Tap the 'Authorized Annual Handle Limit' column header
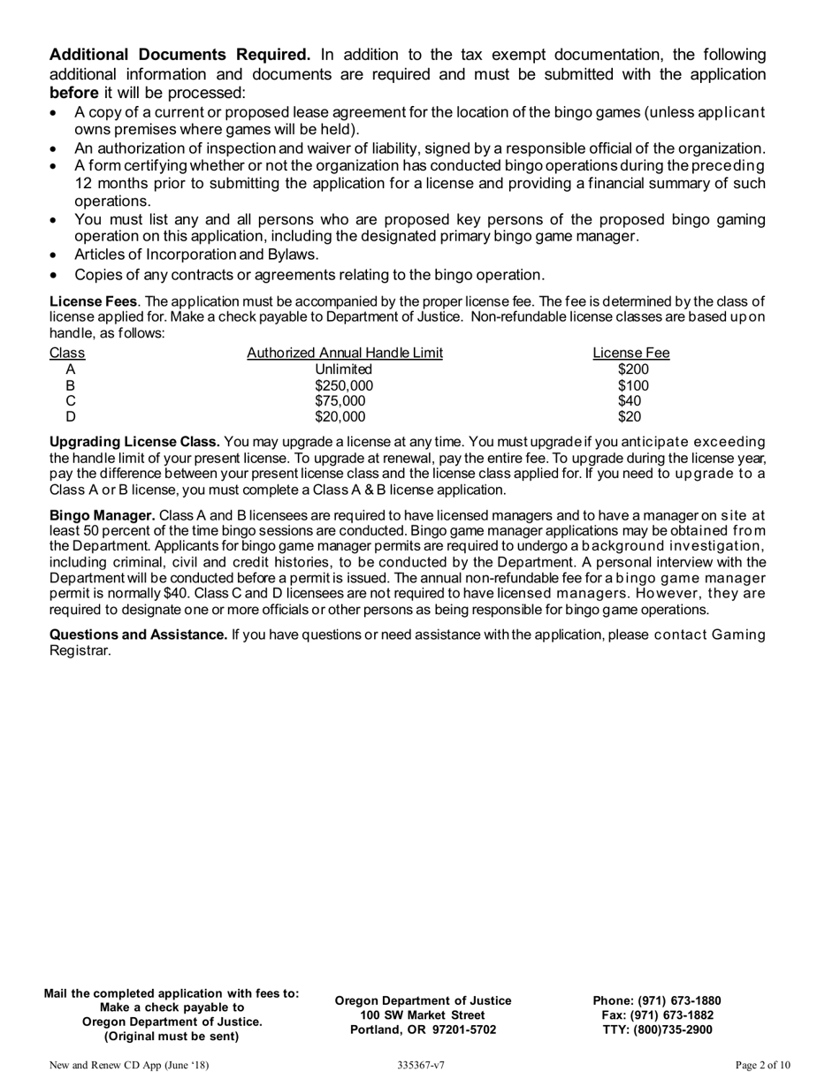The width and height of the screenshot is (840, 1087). click(x=345, y=353)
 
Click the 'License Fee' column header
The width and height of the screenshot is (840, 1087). click(x=630, y=353)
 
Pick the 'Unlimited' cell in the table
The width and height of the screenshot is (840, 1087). click(x=344, y=369)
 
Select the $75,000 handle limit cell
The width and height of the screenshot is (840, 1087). click(x=340, y=401)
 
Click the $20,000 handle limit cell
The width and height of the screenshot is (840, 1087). click(x=340, y=417)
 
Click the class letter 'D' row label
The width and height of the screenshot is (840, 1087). click(x=71, y=417)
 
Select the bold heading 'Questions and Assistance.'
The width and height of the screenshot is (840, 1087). click(x=138, y=635)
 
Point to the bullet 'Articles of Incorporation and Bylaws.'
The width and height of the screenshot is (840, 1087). click(x=196, y=255)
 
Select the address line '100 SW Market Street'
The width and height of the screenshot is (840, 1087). click(x=423, y=1015)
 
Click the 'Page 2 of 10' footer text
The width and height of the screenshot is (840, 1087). click(x=762, y=1066)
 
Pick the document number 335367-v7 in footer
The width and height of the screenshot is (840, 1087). click(x=421, y=1066)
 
